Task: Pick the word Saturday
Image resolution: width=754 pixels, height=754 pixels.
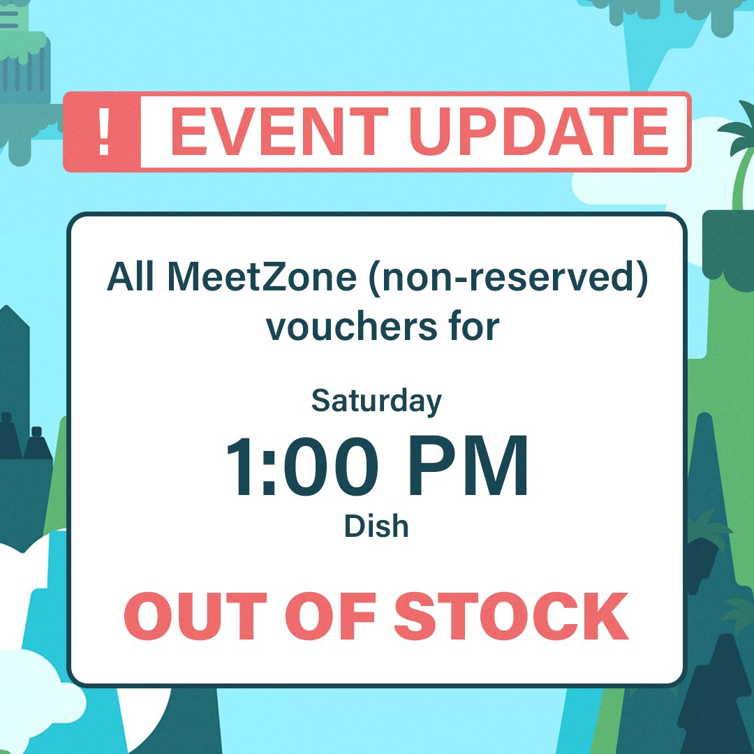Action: point(376,402)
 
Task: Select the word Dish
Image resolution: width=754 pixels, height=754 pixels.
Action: point(376,526)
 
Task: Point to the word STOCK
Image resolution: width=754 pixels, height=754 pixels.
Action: point(511,617)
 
